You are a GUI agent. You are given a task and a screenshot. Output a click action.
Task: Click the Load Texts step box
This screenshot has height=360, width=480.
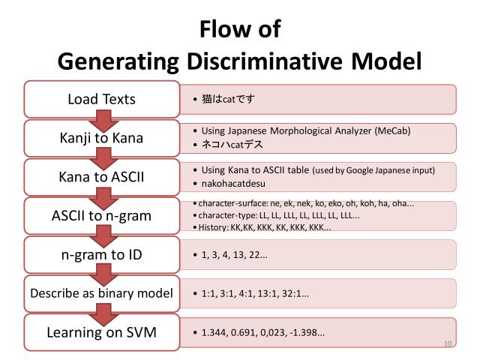101,99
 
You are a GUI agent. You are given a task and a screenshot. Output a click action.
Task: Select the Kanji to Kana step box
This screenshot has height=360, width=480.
101,138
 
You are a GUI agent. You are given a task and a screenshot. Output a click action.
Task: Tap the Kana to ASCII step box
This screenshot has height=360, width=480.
101,177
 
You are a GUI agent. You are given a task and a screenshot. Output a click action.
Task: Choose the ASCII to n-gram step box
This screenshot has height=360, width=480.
101,216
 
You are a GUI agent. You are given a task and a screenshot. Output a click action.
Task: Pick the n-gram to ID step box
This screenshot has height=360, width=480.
101,255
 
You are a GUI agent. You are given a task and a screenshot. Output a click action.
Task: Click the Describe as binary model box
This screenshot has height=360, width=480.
101,293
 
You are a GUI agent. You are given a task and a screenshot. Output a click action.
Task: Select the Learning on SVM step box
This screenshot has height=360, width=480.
101,331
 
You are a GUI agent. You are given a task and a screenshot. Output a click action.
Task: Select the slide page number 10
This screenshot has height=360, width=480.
448,344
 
